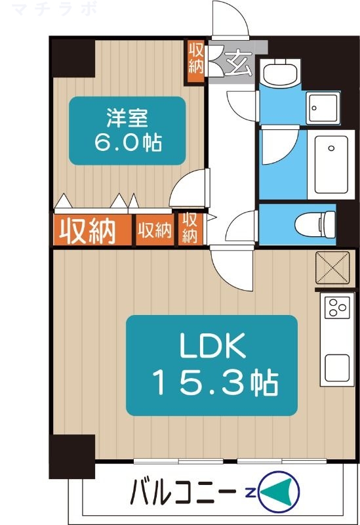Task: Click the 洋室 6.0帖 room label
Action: (127, 131)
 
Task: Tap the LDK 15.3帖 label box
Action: (211, 365)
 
